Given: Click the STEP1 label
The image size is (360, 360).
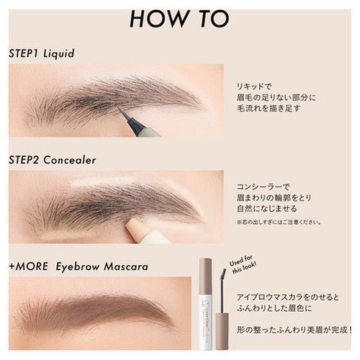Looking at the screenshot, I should point(28,53).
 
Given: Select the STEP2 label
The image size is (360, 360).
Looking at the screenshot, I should point(29,159).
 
